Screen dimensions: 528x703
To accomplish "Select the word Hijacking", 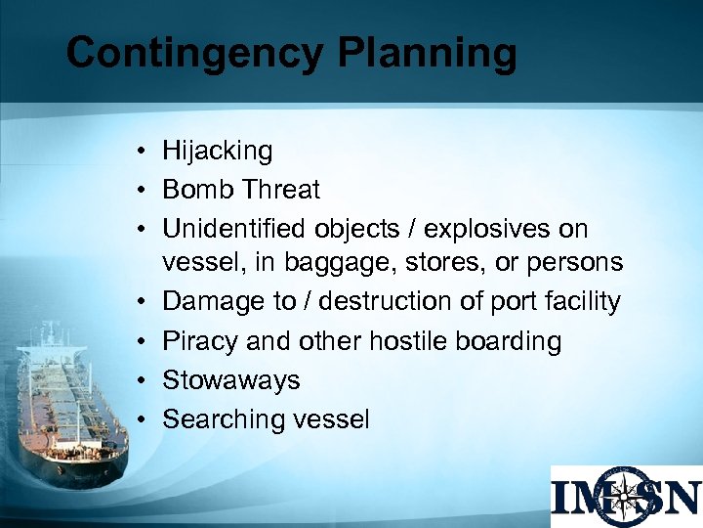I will click(218, 152).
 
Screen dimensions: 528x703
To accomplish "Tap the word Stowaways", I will click(231, 379).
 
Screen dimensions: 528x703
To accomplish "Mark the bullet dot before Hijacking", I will click(143, 152).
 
